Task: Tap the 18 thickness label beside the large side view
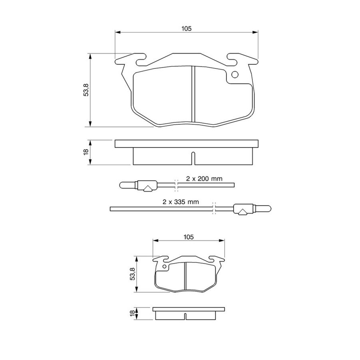[x=86, y=152]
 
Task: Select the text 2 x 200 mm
[x=204, y=179]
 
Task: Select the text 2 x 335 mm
[x=181, y=202]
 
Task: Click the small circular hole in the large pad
[x=235, y=75]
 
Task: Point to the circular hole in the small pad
[x=164, y=266]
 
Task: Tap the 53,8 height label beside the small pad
[x=133, y=274]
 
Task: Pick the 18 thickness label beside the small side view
[x=132, y=313]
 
